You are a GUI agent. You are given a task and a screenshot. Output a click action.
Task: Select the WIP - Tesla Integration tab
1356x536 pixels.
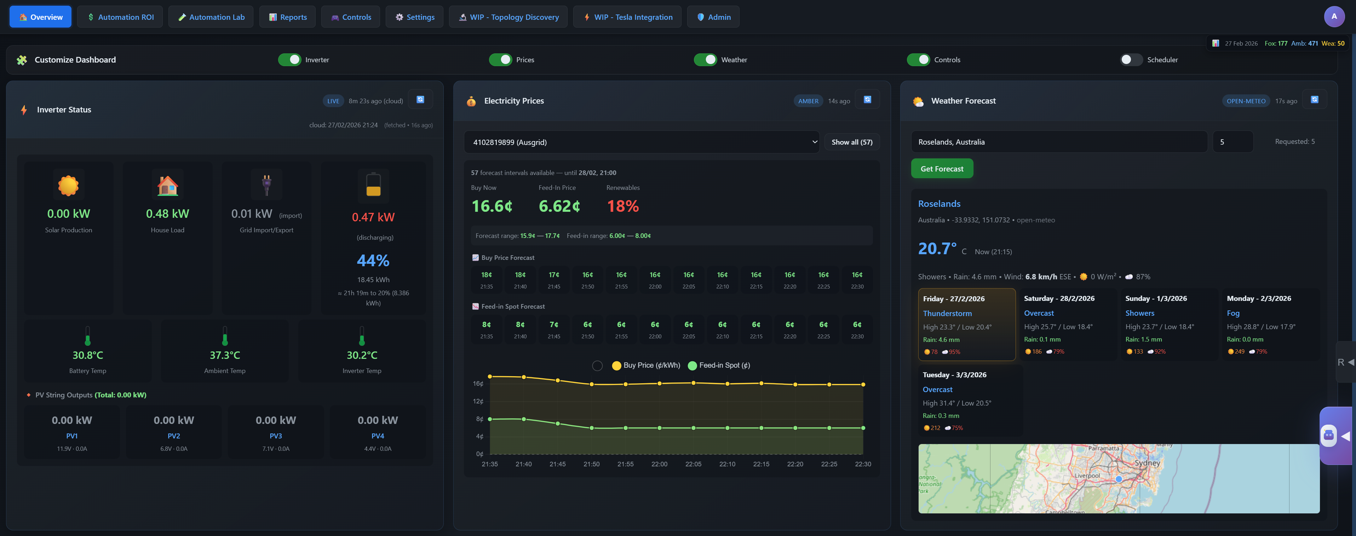pyautogui.click(x=627, y=17)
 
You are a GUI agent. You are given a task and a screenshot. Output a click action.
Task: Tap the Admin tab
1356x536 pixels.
pyautogui.click(x=713, y=17)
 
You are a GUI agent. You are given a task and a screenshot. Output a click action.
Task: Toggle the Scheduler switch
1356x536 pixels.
pyautogui.click(x=1130, y=59)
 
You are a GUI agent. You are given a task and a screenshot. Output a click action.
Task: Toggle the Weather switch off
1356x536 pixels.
pyautogui.click(x=705, y=59)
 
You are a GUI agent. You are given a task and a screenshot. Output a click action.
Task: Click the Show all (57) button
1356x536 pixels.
pyautogui.click(x=852, y=142)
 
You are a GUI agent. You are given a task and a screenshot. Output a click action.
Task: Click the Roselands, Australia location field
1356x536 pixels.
pyautogui.click(x=1059, y=142)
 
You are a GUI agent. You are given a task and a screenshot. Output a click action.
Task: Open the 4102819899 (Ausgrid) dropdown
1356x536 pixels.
pyautogui.click(x=641, y=142)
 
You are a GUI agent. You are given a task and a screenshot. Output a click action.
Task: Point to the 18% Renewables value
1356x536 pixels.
pyautogui.click(x=623, y=206)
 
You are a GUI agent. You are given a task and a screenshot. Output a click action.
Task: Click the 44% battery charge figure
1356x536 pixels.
pyautogui.click(x=373, y=260)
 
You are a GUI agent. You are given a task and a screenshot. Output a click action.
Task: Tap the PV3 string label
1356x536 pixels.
pyautogui.click(x=276, y=436)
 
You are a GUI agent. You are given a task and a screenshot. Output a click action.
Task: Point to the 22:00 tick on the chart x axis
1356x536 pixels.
pyautogui.click(x=659, y=464)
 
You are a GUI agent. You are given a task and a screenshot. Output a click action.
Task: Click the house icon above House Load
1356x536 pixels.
pyautogui.click(x=167, y=185)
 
